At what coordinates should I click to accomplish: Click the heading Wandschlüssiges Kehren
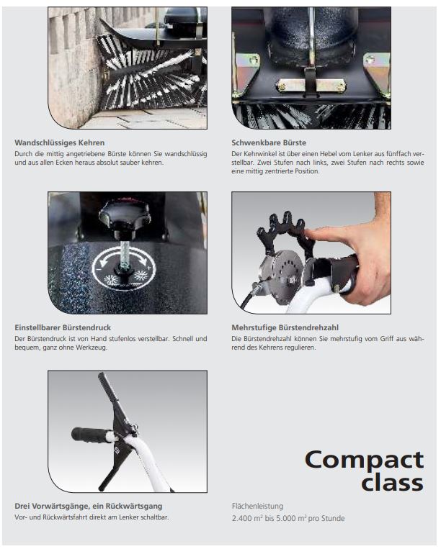tap(60, 143)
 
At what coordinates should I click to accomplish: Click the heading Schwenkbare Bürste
tap(269, 143)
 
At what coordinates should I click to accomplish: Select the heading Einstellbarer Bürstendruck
tap(63, 327)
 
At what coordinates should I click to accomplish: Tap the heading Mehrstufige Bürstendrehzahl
tap(285, 327)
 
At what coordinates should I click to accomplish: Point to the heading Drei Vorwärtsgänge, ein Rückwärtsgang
tap(89, 507)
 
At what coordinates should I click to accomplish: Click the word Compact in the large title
tap(364, 460)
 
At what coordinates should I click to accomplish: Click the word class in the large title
tap(392, 483)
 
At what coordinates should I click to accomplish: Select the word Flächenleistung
tap(257, 507)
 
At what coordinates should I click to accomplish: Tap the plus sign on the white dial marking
tap(148, 268)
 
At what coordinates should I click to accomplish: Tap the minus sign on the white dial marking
tap(99, 270)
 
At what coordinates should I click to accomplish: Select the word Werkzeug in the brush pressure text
tap(91, 348)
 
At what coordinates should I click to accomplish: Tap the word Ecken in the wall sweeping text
tap(64, 163)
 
